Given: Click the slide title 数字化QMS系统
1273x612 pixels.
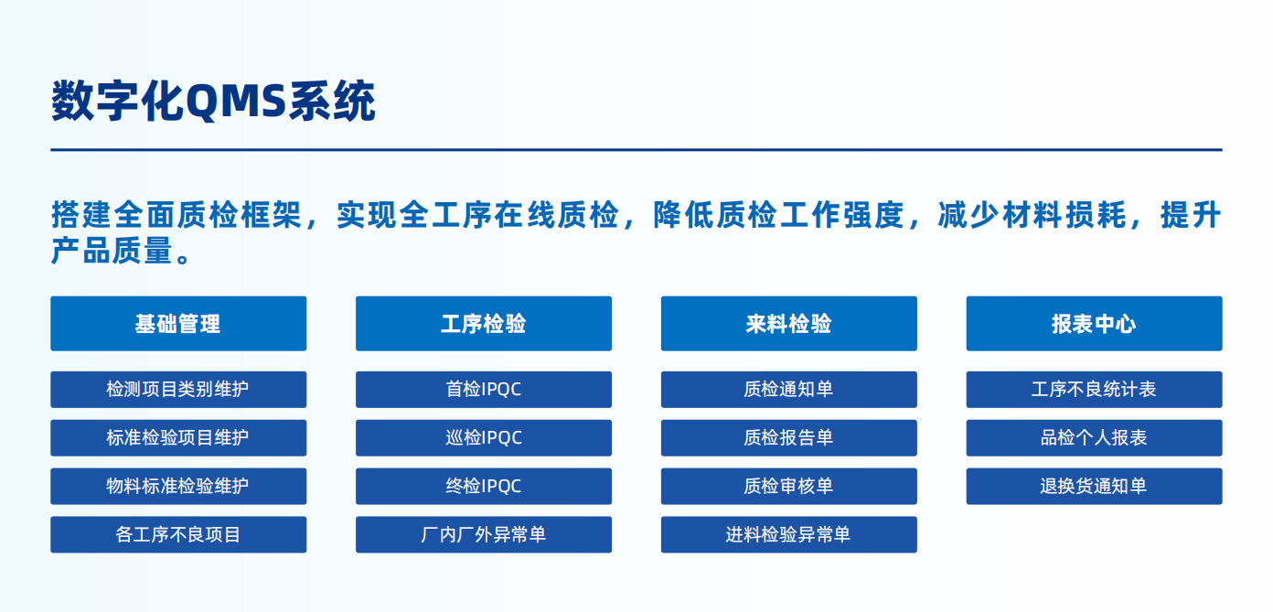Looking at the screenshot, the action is click(213, 102).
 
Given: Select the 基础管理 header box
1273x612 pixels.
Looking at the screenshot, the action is click(178, 323).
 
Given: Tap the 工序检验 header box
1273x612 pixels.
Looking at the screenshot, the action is click(484, 323).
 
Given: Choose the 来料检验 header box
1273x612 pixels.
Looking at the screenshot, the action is click(789, 323).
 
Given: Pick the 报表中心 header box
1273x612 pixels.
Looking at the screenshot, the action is click(1094, 323).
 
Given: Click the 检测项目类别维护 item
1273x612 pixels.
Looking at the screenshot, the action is click(178, 390).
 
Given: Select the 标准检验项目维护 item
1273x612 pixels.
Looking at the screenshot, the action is click(178, 437).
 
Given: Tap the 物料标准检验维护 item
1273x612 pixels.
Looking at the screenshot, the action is click(178, 486).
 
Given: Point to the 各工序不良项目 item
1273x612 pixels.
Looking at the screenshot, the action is click(178, 534).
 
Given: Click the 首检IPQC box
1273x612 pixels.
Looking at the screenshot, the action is click(484, 390).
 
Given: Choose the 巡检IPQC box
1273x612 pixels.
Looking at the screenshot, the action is click(484, 437).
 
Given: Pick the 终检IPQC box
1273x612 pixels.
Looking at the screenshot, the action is click(484, 486).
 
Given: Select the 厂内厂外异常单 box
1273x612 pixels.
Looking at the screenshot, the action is click(484, 534).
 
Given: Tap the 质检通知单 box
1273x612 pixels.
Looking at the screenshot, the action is click(789, 390).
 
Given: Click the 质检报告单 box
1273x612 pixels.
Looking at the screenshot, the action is click(789, 437).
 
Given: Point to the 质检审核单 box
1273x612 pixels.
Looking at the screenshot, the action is click(789, 486).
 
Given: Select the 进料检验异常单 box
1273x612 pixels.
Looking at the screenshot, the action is click(789, 534).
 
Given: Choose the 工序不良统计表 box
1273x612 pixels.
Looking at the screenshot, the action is click(1094, 390).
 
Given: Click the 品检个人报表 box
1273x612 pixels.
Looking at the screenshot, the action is click(1094, 437).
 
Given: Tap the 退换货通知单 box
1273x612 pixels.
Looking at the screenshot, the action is click(1094, 486).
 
